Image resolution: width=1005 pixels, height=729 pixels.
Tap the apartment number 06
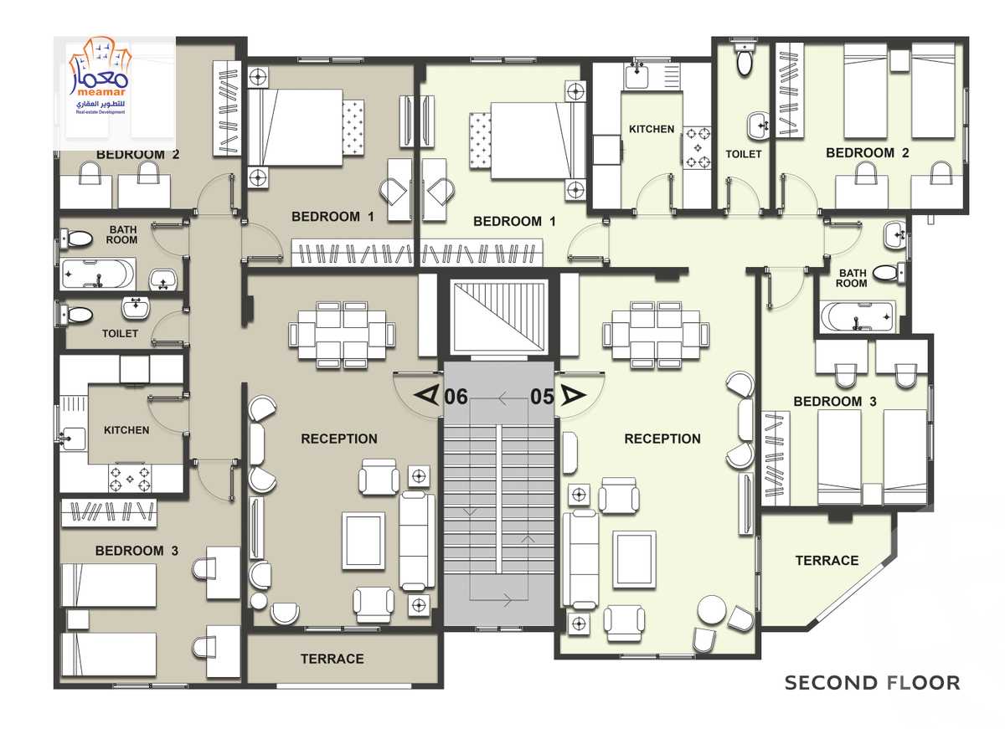pyautogui.click(x=456, y=397)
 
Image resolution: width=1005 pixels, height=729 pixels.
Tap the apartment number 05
pyautogui.click(x=543, y=397)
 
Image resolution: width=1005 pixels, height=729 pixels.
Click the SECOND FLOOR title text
pyautogui.click(x=872, y=683)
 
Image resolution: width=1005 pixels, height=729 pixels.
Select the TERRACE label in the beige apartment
pyautogui.click(x=332, y=659)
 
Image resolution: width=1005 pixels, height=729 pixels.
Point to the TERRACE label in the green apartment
pyautogui.click(x=827, y=561)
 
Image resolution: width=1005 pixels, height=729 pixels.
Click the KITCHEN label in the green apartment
pyautogui.click(x=652, y=129)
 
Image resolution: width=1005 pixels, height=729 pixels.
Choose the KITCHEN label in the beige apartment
pyautogui.click(x=126, y=430)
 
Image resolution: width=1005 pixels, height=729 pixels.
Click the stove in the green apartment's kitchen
pyautogui.click(x=697, y=148)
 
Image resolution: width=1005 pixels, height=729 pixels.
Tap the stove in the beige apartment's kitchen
pyautogui.click(x=130, y=479)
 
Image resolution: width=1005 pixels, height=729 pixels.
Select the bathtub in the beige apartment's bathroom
pyautogui.click(x=98, y=274)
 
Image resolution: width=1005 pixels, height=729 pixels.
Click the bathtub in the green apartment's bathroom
pyautogui.click(x=857, y=317)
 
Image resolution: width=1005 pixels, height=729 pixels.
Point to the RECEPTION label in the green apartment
pyautogui.click(x=662, y=439)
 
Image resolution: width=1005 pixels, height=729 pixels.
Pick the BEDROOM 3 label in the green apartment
pyautogui.click(x=834, y=401)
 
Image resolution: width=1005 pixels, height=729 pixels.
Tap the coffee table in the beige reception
pyautogui.click(x=363, y=542)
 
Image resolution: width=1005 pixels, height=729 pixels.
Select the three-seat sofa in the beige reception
pyautogui.click(x=417, y=540)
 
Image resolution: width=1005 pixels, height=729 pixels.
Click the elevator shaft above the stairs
pyautogui.click(x=499, y=317)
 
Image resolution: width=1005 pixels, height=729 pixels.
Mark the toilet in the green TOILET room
pyautogui.click(x=744, y=61)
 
